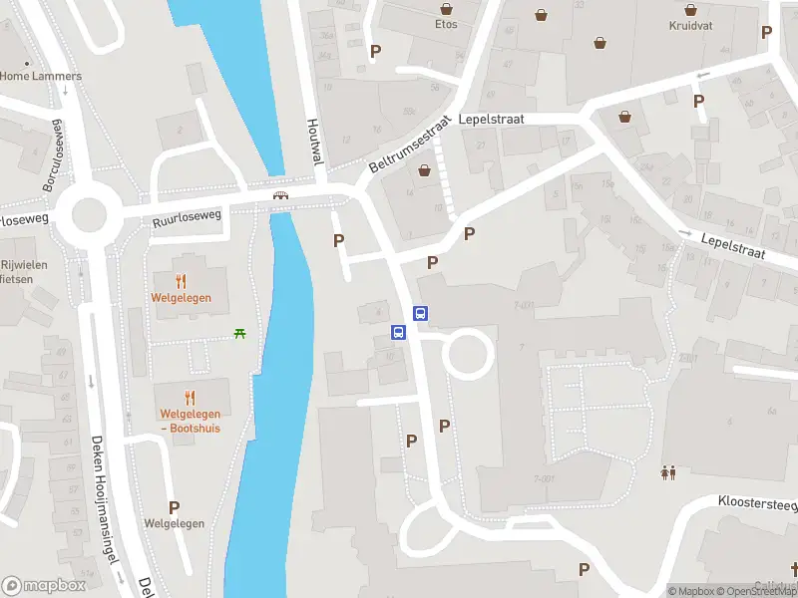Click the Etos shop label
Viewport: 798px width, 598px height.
[x=446, y=24]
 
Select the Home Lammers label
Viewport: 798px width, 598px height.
[x=41, y=76]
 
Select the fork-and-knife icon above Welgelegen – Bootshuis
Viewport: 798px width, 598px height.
[x=190, y=397]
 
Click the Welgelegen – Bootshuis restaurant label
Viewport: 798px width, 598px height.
[x=190, y=422]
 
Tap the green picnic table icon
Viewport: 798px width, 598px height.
[x=239, y=333]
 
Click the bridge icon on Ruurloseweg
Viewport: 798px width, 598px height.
[x=281, y=194]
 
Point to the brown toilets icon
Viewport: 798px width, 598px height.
[x=667, y=472]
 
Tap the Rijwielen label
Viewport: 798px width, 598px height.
[x=20, y=265]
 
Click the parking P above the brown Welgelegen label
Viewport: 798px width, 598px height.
[x=174, y=507]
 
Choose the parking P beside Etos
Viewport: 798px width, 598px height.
[x=375, y=51]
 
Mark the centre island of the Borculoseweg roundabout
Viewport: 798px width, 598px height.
[x=88, y=212]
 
